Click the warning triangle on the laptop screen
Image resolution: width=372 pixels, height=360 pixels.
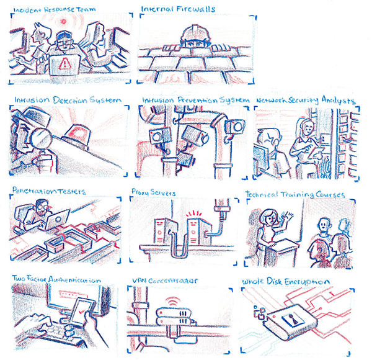[x=64, y=63]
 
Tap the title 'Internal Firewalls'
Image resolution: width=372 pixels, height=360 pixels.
[x=178, y=9]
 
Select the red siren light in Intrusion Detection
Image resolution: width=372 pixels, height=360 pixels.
[x=77, y=137]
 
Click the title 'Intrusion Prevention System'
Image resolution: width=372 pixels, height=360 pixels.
[x=195, y=100]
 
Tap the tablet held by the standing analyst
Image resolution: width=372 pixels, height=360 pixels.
[x=316, y=152]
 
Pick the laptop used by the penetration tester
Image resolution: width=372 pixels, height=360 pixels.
[x=57, y=219]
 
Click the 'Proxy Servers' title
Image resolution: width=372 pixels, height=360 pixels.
[x=154, y=192]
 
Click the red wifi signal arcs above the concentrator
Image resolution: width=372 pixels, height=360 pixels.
[x=173, y=301]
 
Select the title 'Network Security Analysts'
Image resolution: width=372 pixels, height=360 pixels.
[x=305, y=100]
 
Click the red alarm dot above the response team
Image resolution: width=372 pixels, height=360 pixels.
[x=63, y=22]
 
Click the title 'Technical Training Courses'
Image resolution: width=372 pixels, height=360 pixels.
[x=295, y=194]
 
